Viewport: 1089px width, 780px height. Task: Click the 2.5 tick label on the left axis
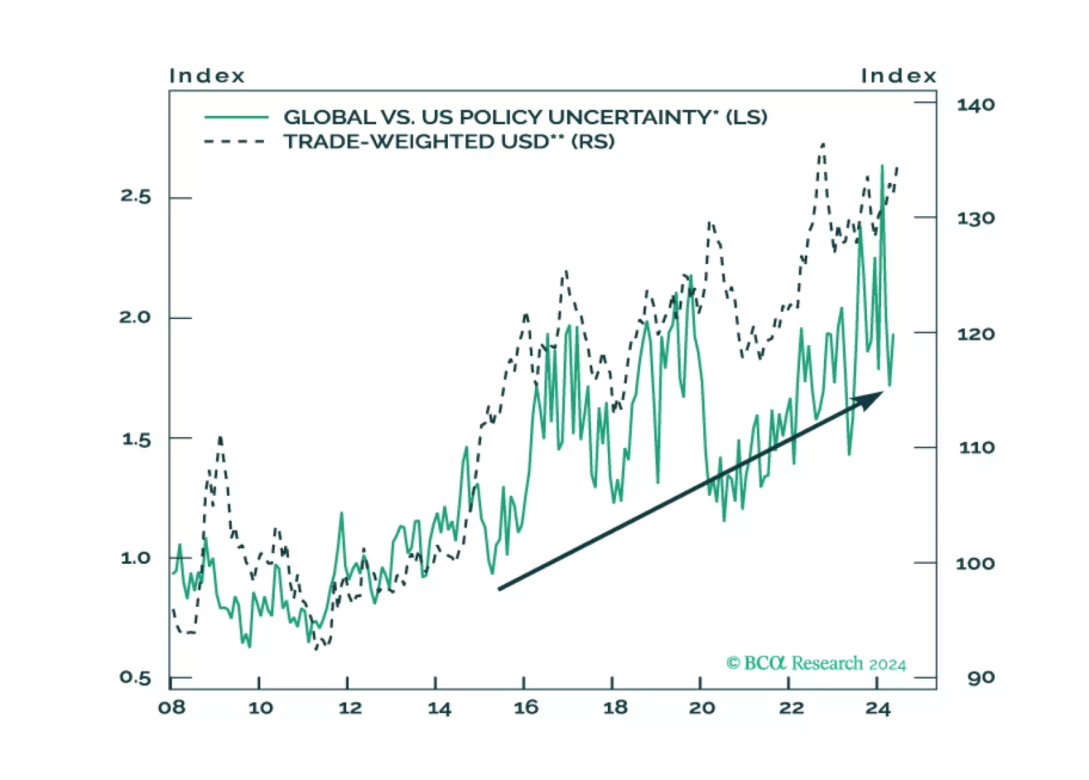(x=135, y=196)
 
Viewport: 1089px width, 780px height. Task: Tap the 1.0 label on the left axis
(x=135, y=558)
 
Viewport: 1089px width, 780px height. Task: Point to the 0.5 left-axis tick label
(x=135, y=678)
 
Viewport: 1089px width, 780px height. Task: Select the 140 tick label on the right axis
(x=975, y=105)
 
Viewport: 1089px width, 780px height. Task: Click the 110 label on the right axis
(x=976, y=448)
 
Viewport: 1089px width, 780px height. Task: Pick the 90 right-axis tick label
(x=981, y=678)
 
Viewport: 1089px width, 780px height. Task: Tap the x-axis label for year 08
(x=172, y=708)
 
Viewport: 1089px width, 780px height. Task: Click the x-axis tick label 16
(x=526, y=708)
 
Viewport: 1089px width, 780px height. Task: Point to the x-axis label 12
(x=350, y=708)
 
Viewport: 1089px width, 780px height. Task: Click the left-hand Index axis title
(x=206, y=76)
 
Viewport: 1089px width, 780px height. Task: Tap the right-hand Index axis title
(x=898, y=76)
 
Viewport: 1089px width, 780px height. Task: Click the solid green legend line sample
(x=236, y=117)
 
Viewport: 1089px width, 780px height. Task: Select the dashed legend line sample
(x=234, y=142)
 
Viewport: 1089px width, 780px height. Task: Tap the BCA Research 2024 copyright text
(x=816, y=663)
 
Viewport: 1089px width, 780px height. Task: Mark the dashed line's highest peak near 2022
(x=823, y=145)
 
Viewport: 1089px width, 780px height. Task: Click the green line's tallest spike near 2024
(x=882, y=166)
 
